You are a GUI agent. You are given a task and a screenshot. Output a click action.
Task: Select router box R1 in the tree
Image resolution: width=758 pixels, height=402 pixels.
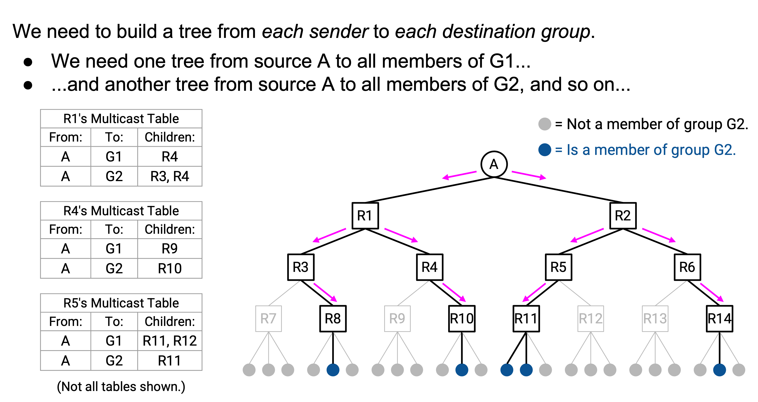pyautogui.click(x=365, y=216)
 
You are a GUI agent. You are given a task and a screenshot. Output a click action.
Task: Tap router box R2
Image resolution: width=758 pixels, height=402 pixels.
pyautogui.click(x=623, y=216)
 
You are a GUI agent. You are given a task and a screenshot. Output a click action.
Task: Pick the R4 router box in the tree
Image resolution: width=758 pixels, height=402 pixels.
pyautogui.click(x=430, y=267)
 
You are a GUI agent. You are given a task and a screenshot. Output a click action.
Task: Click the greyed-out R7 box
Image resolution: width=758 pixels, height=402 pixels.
pyautogui.click(x=268, y=318)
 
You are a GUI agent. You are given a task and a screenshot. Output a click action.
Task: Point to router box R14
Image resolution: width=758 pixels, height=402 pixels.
pyautogui.click(x=719, y=318)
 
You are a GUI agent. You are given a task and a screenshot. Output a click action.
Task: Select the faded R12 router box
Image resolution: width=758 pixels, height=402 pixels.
pyautogui.click(x=590, y=318)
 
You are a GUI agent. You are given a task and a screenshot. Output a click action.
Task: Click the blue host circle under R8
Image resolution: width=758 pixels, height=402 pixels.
pyautogui.click(x=333, y=370)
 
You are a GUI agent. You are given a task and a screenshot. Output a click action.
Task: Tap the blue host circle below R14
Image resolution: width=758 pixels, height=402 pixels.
pyautogui.click(x=719, y=370)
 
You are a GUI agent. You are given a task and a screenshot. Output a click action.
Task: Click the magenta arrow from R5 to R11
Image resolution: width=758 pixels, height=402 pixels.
pyautogui.click(x=534, y=293)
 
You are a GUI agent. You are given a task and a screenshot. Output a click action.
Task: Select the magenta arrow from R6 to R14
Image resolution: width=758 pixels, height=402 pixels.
pyautogui.click(x=712, y=293)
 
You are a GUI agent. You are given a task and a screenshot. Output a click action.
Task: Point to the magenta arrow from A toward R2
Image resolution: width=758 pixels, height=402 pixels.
pyautogui.click(x=529, y=175)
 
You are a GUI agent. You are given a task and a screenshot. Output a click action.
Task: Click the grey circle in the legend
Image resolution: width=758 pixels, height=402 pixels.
pyautogui.click(x=545, y=124)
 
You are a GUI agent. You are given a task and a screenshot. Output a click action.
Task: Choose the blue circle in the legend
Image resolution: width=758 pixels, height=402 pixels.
pyautogui.click(x=545, y=150)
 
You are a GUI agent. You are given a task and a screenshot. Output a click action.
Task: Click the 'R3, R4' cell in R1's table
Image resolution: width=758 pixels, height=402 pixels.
pyautogui.click(x=170, y=176)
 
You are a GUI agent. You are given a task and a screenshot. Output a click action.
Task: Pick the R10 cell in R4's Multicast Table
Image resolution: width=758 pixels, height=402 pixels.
pyautogui.click(x=170, y=268)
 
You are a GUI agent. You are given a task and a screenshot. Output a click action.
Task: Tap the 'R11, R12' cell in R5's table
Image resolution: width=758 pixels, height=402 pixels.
pyautogui.click(x=170, y=341)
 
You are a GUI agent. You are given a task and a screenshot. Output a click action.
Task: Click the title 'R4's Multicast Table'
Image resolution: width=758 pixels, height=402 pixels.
pyautogui.click(x=121, y=211)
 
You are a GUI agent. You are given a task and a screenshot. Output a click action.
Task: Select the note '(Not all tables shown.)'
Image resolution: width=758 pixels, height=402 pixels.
pyautogui.click(x=121, y=387)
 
